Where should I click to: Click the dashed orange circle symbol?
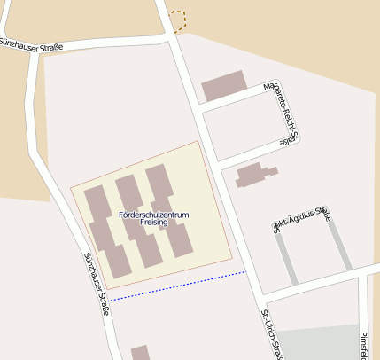click(178, 20)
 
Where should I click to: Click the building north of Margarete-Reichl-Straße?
click(223, 86)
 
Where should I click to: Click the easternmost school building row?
click(169, 209)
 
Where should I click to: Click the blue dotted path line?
click(177, 286)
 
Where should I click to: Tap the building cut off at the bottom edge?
click(140, 353)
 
